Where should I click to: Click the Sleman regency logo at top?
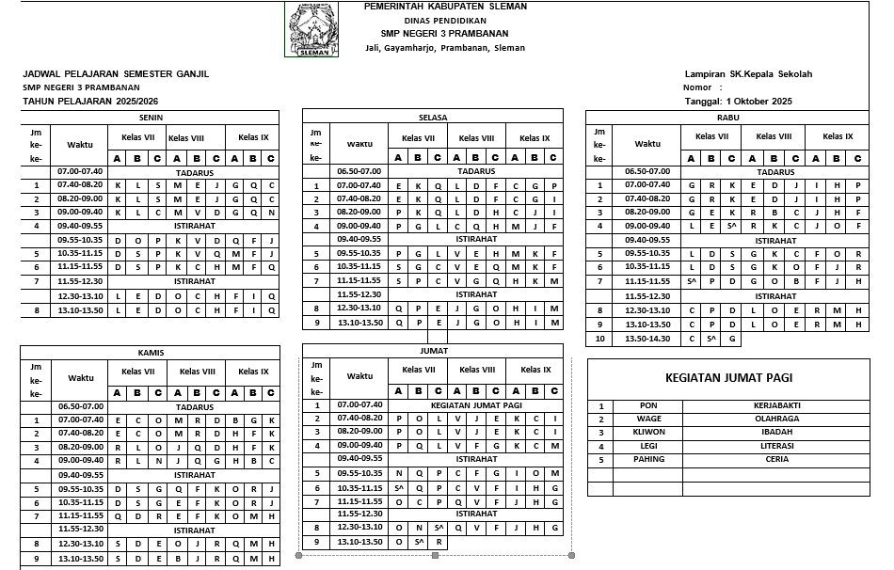312,29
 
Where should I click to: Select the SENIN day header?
150,117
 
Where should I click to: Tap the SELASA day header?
432,117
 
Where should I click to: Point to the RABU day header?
727,117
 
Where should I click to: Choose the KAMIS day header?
150,353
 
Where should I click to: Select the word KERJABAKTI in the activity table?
774,406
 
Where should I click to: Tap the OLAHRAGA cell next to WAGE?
774,420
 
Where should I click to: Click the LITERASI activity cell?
774,446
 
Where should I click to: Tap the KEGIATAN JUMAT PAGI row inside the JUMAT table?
476,405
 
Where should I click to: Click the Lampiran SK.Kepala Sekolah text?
748,74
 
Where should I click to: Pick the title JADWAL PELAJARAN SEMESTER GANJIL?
116,74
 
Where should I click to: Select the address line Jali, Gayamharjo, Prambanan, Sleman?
445,48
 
